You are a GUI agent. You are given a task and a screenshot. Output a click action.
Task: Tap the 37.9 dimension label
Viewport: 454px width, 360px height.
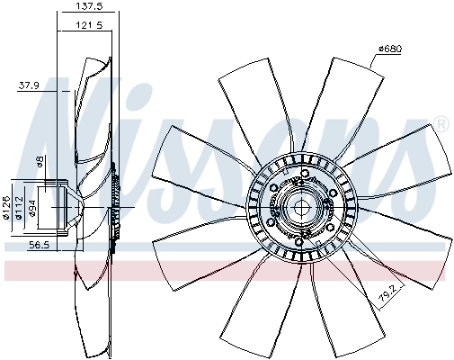(x=30, y=86)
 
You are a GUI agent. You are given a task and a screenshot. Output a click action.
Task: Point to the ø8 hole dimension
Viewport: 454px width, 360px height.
(x=40, y=162)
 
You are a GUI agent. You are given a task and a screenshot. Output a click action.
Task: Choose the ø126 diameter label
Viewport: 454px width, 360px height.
(x=7, y=207)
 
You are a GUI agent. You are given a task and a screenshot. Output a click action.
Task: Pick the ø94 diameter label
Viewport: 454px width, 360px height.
(x=31, y=208)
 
